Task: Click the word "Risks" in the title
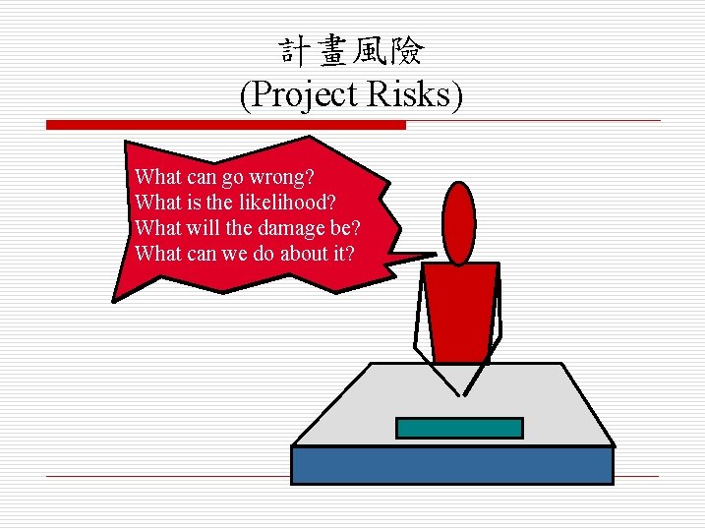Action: click(x=417, y=95)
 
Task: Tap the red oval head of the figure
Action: click(x=458, y=222)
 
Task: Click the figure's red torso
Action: click(x=459, y=310)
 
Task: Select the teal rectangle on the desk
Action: click(x=458, y=428)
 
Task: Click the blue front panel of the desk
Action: click(x=452, y=464)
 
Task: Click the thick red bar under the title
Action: click(x=226, y=125)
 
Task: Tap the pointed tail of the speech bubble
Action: click(x=418, y=258)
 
